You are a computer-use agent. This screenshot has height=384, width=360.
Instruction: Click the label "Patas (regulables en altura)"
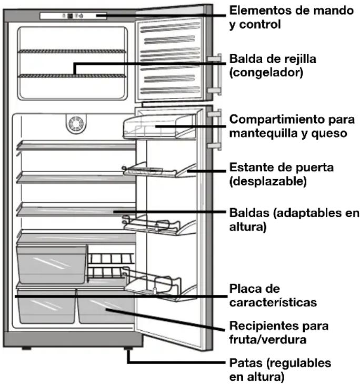tap(281, 370)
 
